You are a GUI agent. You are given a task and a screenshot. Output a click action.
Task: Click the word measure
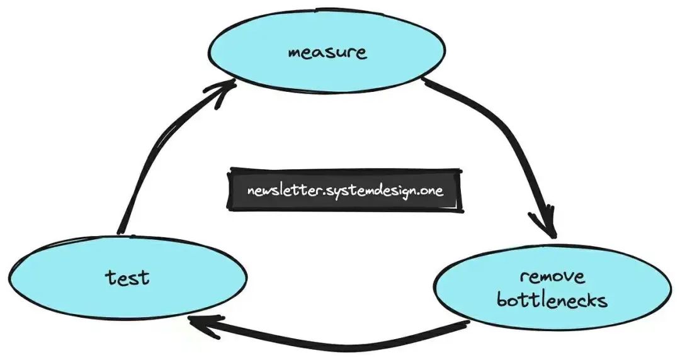click(327, 52)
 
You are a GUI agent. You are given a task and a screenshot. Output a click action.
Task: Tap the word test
click(127, 276)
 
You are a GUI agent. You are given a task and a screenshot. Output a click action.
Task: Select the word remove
click(552, 277)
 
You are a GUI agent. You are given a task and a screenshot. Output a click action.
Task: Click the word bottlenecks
click(552, 300)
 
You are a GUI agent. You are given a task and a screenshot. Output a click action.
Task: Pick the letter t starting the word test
click(110, 276)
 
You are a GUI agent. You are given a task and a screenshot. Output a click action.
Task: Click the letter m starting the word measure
click(295, 52)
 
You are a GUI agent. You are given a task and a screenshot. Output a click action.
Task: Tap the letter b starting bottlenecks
click(502, 300)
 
